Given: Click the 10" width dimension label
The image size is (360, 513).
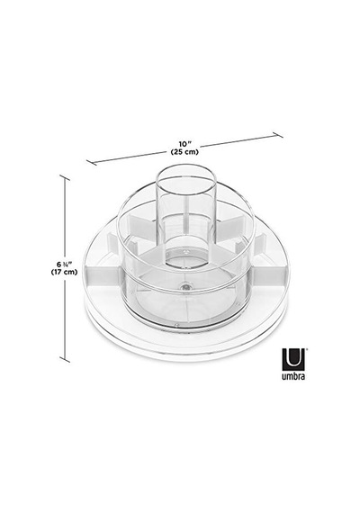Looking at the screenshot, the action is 184,144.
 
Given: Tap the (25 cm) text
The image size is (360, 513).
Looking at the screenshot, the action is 184,152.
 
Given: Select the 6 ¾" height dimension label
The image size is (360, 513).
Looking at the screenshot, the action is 64,264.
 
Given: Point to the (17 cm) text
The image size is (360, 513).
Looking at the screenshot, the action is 64,272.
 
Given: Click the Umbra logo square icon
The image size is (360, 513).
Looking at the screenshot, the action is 293,359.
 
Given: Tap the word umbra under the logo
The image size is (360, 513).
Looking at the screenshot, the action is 293,376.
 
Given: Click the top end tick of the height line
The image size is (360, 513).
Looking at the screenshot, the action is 65,177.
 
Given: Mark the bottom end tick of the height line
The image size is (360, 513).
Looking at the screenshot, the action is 65,360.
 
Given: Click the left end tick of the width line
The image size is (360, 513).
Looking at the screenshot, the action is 91,162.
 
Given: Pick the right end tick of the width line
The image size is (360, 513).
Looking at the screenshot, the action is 278,135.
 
